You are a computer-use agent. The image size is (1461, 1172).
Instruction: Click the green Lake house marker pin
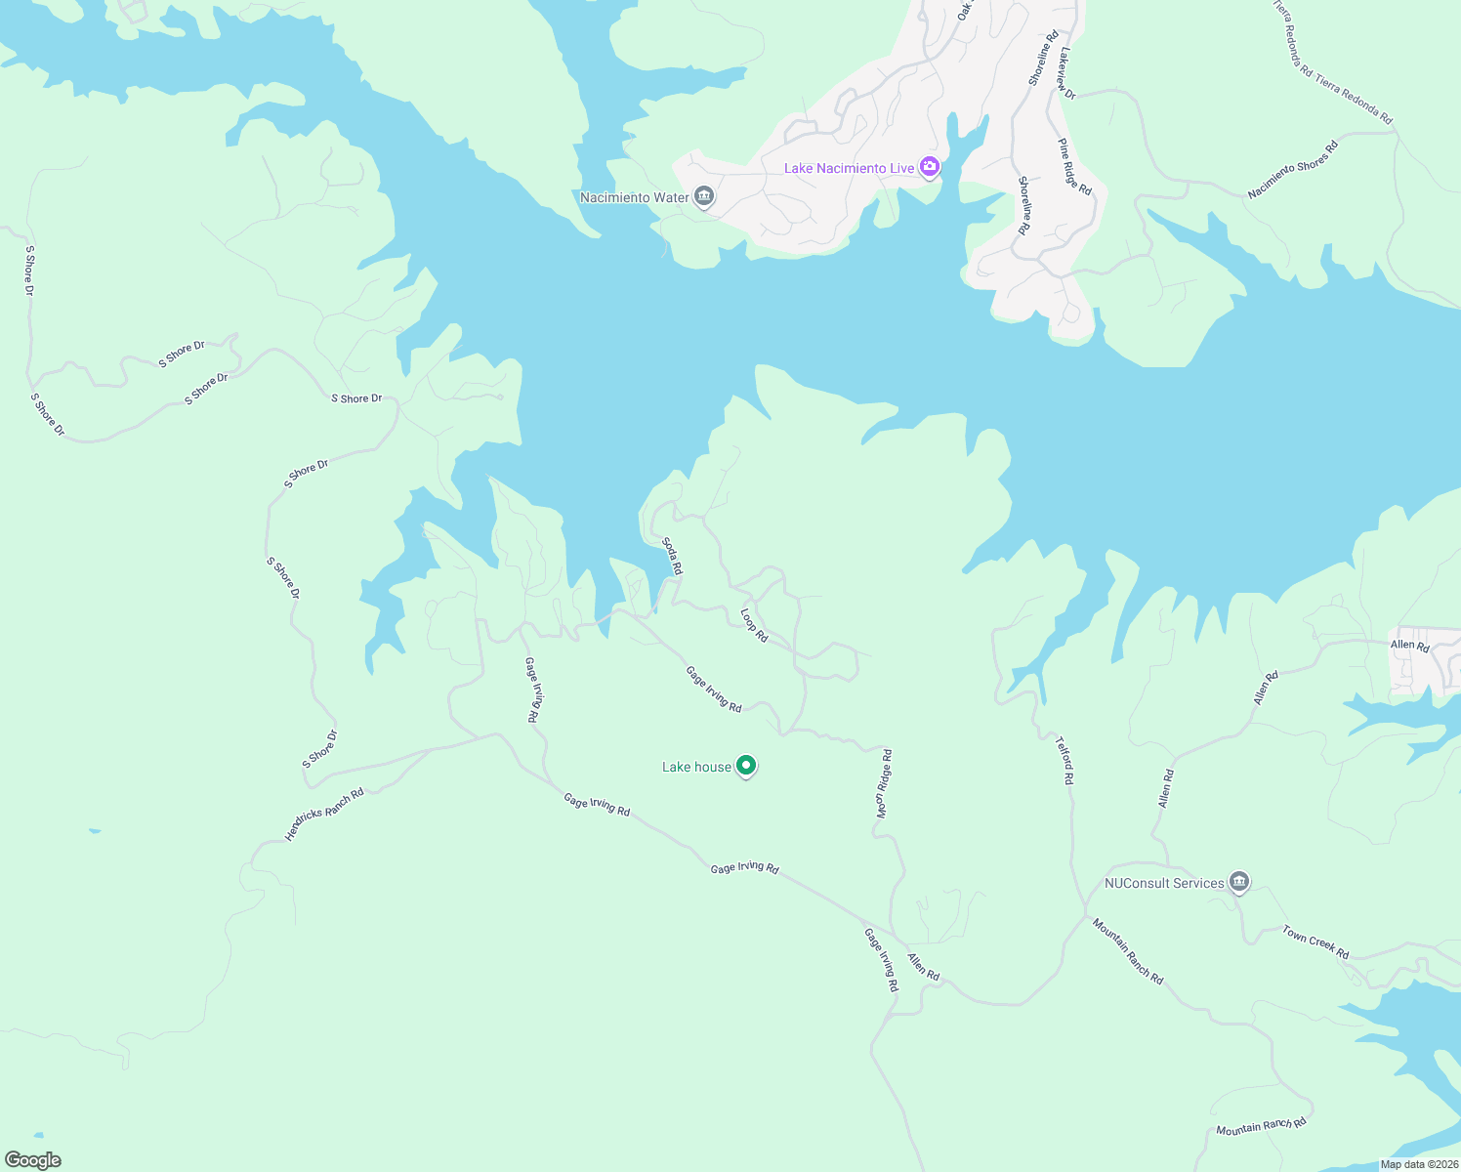(x=746, y=766)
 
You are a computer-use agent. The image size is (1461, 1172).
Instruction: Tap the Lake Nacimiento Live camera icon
(x=930, y=167)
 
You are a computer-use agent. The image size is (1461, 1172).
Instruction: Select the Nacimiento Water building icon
(x=704, y=197)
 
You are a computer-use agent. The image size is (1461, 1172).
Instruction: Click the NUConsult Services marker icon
(x=1239, y=882)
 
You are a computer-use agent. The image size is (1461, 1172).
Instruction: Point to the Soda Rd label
(x=672, y=556)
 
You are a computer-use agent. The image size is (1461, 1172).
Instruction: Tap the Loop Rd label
(x=754, y=626)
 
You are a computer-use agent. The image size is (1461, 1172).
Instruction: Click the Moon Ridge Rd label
(x=883, y=783)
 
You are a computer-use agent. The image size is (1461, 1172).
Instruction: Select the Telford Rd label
(x=1064, y=761)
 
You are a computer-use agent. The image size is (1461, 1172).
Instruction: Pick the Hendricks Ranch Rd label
(x=324, y=814)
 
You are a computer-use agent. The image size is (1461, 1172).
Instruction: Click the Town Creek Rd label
(x=1315, y=942)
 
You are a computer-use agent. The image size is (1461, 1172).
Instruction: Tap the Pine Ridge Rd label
(x=1074, y=167)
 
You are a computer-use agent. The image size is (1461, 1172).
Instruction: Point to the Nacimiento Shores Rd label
(x=1292, y=169)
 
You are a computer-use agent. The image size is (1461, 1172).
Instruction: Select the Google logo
(x=32, y=1160)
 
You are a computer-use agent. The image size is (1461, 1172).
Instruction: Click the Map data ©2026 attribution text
(x=1418, y=1164)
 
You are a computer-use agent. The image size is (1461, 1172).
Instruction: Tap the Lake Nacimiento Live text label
(x=849, y=168)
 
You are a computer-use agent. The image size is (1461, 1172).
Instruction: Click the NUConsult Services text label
(x=1164, y=883)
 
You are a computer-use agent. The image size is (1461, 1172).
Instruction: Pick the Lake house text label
(x=696, y=767)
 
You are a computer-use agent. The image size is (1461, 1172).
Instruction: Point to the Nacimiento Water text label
(x=635, y=197)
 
